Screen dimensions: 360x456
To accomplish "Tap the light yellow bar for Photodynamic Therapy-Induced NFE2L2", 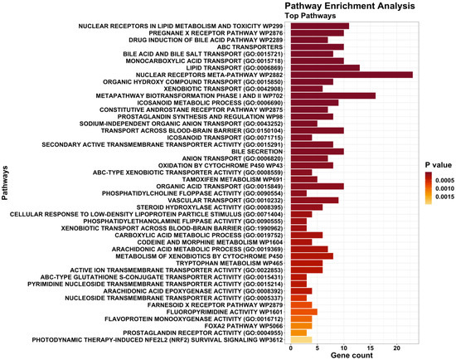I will point(301,339).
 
